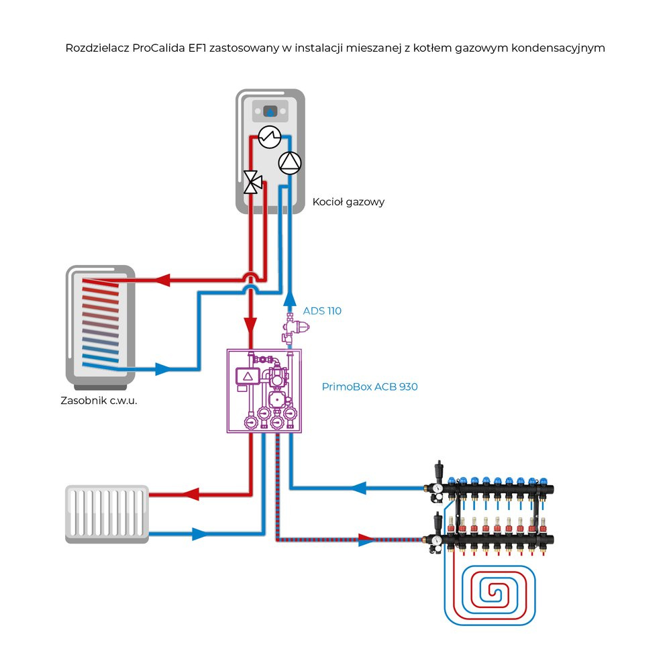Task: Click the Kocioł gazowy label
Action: [348, 202]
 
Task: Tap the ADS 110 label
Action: [322, 311]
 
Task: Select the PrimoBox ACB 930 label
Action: [370, 386]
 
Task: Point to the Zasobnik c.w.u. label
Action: [103, 401]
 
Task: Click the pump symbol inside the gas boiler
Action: [290, 162]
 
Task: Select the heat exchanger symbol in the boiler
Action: [269, 137]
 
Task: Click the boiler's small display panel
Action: [270, 111]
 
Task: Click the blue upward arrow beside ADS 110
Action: [290, 299]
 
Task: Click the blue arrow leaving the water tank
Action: [164, 368]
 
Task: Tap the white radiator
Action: [107, 514]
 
